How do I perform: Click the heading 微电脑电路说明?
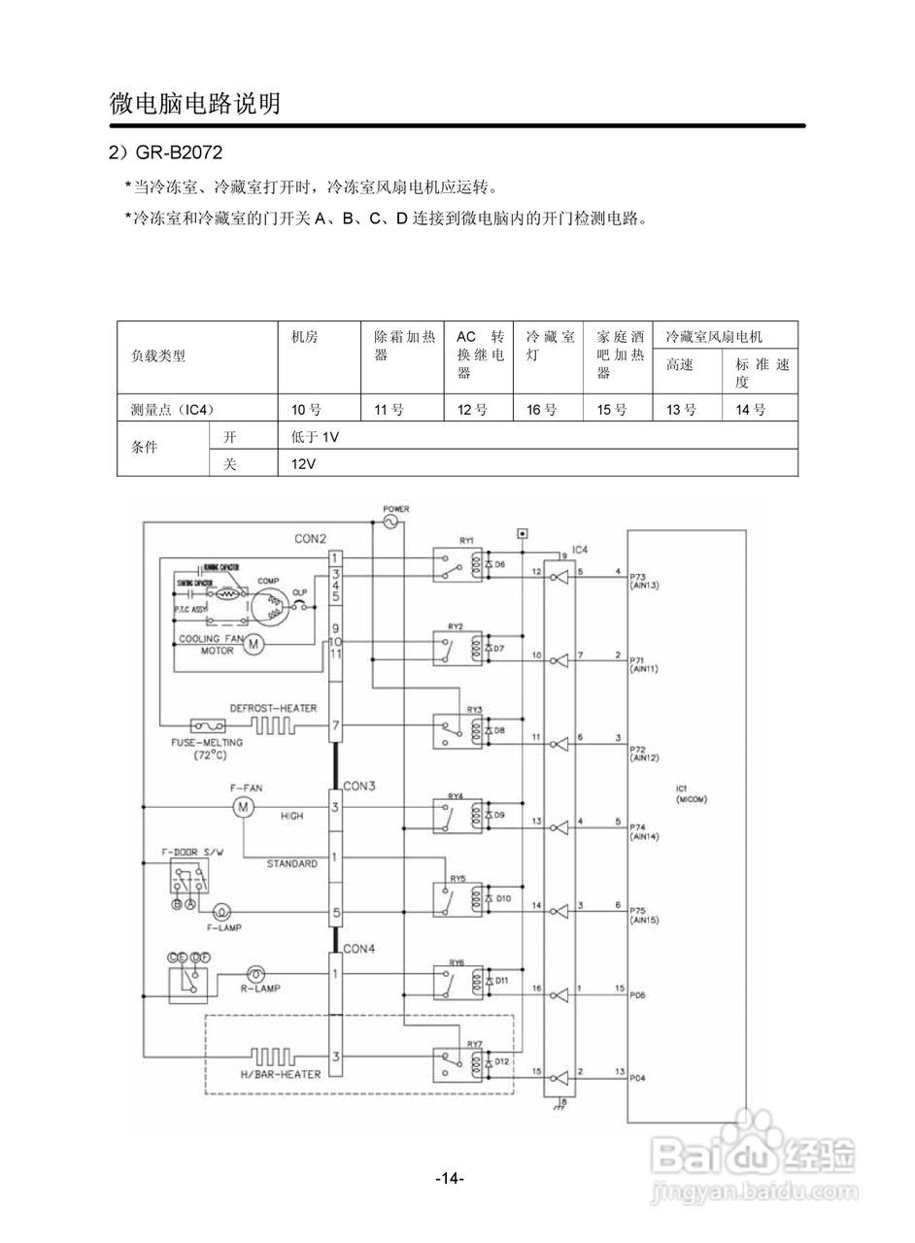click(194, 103)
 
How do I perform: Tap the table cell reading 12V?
click(303, 464)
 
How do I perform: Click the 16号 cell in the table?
click(541, 410)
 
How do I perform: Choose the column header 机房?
click(304, 337)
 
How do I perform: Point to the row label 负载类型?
click(157, 355)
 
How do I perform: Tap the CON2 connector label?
click(311, 538)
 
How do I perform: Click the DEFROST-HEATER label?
click(273, 708)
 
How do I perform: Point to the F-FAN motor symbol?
click(243, 806)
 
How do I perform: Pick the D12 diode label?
click(502, 1062)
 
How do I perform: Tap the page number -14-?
click(450, 1178)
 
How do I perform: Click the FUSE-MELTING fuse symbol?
click(208, 725)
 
